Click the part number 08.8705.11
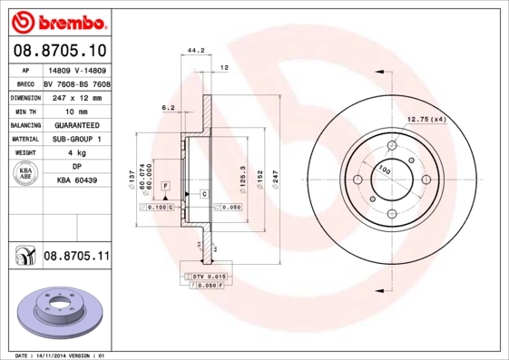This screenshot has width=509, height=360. coord(76,257)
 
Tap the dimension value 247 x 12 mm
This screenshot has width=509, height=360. coord(75,95)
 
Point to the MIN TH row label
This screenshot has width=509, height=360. coord(24,110)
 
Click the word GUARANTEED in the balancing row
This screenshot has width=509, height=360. coord(75,124)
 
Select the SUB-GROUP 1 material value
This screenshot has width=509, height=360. coord(75,139)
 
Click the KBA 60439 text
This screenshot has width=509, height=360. coord(77,181)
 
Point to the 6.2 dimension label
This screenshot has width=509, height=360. coord(167,107)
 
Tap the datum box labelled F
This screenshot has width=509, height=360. coord(166,186)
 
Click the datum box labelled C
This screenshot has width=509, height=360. coord(204,194)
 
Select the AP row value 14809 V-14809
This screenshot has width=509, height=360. coord(75,68)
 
